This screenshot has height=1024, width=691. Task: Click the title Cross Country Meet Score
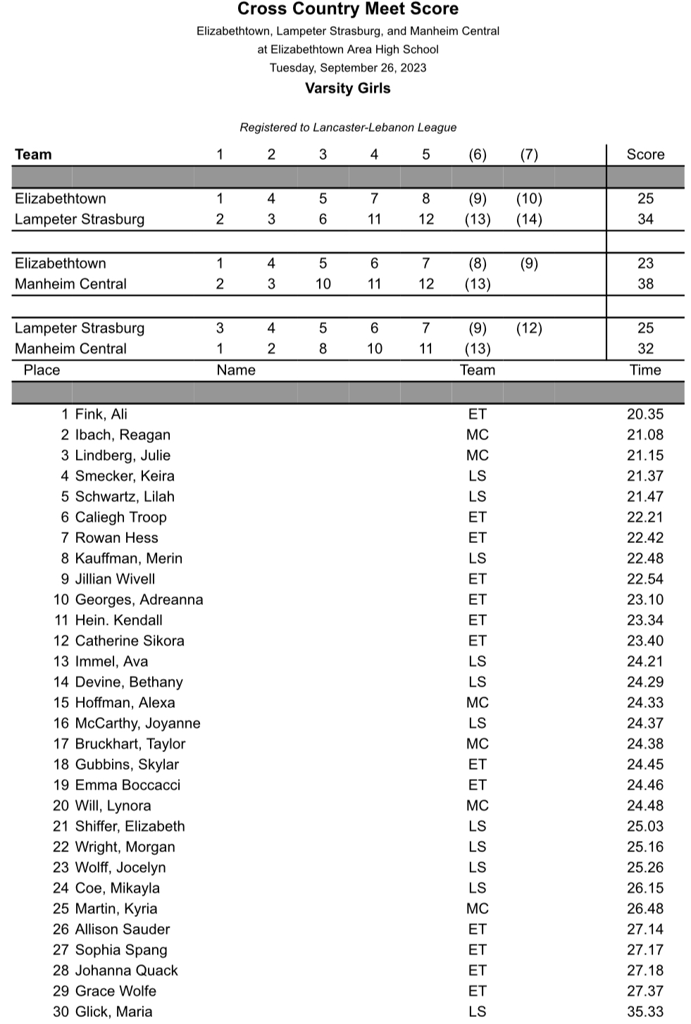point(348,9)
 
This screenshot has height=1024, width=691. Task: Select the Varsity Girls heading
point(348,88)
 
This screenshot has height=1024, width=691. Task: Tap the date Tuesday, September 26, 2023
point(348,68)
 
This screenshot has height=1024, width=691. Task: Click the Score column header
point(645,154)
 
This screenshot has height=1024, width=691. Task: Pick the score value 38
point(645,284)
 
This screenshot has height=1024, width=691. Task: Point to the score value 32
point(645,349)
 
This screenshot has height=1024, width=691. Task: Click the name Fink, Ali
point(101,414)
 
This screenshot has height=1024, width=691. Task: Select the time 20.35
point(645,414)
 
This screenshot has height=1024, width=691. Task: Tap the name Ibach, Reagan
point(123,435)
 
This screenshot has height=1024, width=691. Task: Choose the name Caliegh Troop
point(121,517)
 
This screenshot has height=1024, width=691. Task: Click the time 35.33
point(645,1011)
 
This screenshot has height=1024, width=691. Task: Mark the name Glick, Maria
point(113,1011)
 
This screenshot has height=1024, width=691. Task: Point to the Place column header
point(42,370)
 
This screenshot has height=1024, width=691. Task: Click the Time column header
point(645,370)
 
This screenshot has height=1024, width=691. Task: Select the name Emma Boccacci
point(127,785)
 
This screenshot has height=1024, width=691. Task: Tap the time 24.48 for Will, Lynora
point(645,805)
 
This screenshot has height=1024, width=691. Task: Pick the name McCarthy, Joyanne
point(137,723)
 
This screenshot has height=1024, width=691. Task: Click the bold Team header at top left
point(33,154)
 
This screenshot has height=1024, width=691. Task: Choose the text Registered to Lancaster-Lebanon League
point(348,127)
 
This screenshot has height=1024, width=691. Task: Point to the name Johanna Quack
point(127,970)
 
